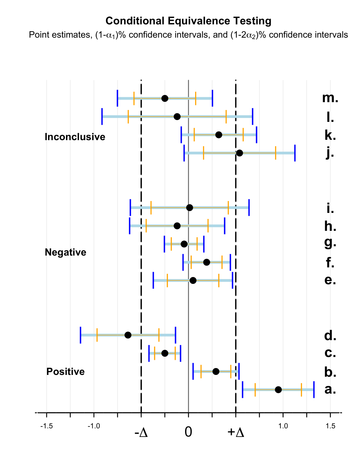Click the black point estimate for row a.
pyautogui.click(x=278, y=390)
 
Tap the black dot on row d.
pyautogui.click(x=128, y=335)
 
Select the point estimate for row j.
pyautogui.click(x=240, y=153)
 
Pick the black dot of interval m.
pyautogui.click(x=165, y=98)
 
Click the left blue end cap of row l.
pyautogui.click(x=102, y=116)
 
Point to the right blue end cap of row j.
pyautogui.click(x=295, y=153)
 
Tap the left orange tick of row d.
pyautogui.click(x=97, y=335)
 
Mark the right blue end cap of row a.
pyautogui.click(x=314, y=390)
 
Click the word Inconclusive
pyautogui.click(x=75, y=137)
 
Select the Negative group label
pyautogui.click(x=66, y=252)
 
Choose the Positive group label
pyautogui.click(x=66, y=372)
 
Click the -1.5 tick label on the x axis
pyautogui.click(x=47, y=426)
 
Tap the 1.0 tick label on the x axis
pyautogui.click(x=283, y=426)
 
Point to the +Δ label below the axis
pyautogui.click(x=236, y=432)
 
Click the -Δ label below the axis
pyautogui.click(x=141, y=432)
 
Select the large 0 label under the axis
pyautogui.click(x=188, y=432)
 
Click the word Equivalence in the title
pyautogui.click(x=199, y=21)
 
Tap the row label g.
pyautogui.click(x=330, y=243)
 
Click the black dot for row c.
pyautogui.click(x=165, y=353)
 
